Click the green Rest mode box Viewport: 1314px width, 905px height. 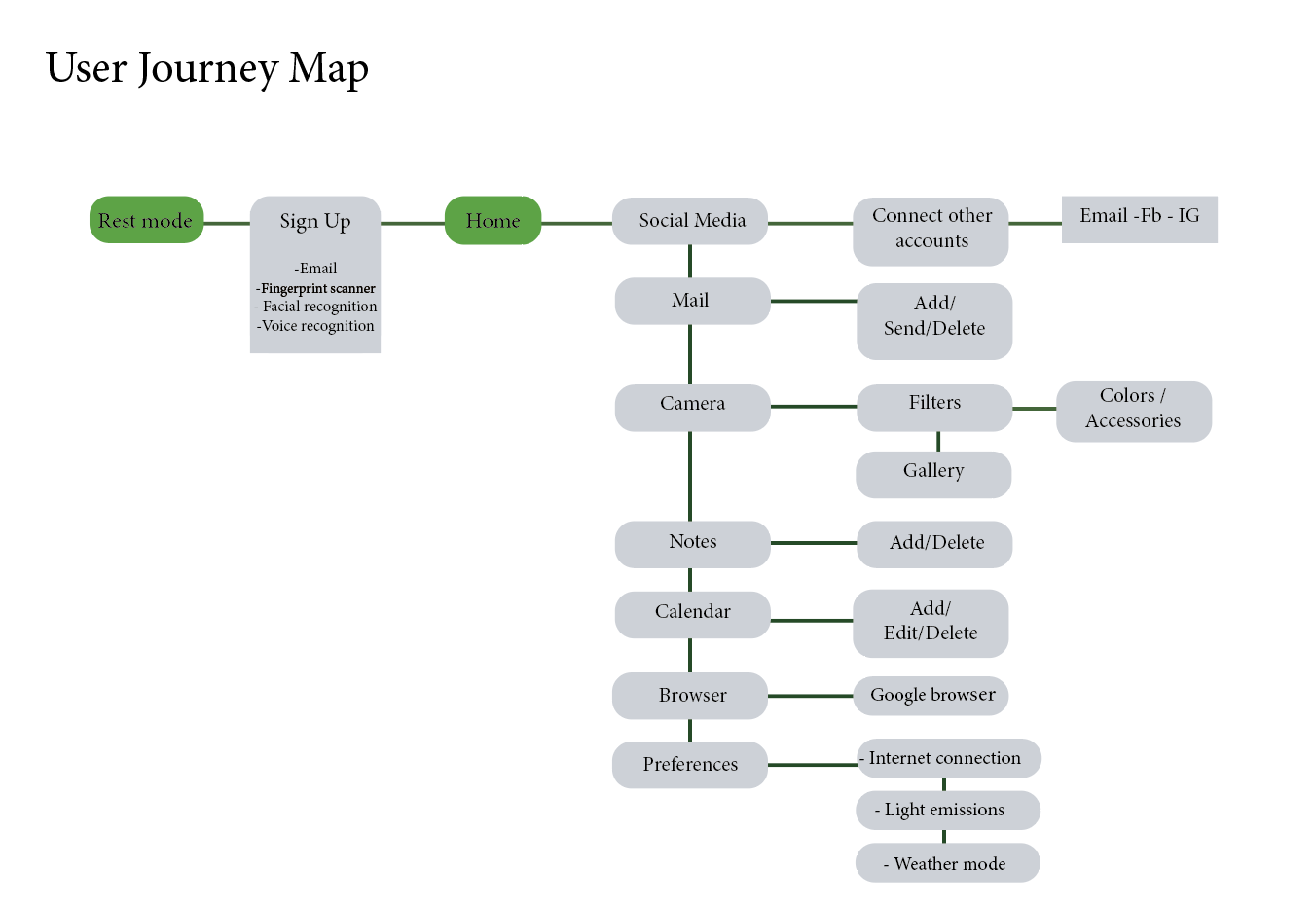146,220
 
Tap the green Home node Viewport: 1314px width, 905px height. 493,221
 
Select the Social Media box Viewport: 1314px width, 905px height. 691,221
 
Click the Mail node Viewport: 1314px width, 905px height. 691,301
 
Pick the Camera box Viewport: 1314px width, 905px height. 692,404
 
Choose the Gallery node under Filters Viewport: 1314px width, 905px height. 933,472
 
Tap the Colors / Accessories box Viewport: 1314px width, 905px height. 1133,409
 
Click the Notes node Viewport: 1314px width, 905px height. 692,542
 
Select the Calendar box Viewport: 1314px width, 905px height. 692,612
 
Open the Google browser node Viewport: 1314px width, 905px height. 931,695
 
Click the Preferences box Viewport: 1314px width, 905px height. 689,765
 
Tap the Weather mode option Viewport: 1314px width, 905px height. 947,863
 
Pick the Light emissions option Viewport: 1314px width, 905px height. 947,810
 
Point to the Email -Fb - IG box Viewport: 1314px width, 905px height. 1139,217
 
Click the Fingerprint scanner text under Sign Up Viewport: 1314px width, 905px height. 317,289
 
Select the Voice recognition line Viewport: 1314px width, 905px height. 316,327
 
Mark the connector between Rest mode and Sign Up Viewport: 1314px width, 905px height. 227,223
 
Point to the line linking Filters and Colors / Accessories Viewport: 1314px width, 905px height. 1034,409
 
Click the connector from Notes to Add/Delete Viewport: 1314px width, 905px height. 813,543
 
